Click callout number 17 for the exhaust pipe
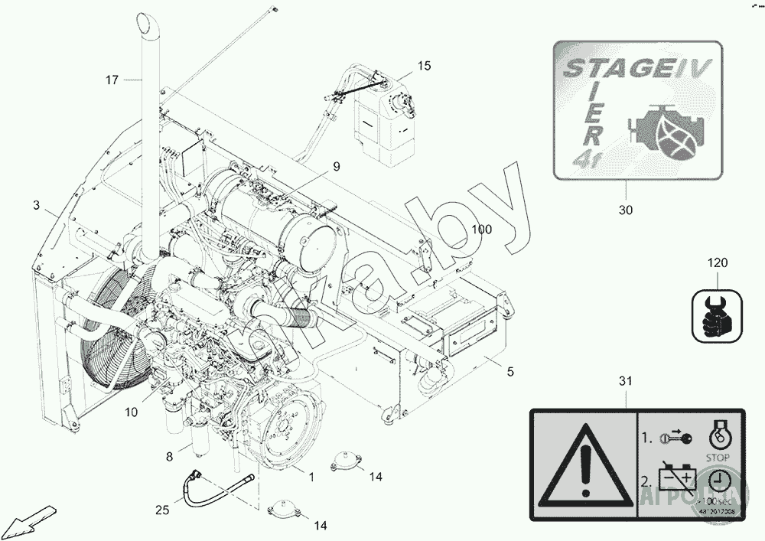coord(112,80)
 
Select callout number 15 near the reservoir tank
coord(424,66)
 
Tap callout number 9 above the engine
coord(336,166)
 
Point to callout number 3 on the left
coord(36,205)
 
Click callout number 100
coord(482,229)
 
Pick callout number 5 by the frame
coord(510,372)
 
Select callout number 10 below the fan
coord(131,412)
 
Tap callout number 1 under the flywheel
coord(311,477)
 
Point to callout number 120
coord(718,263)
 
